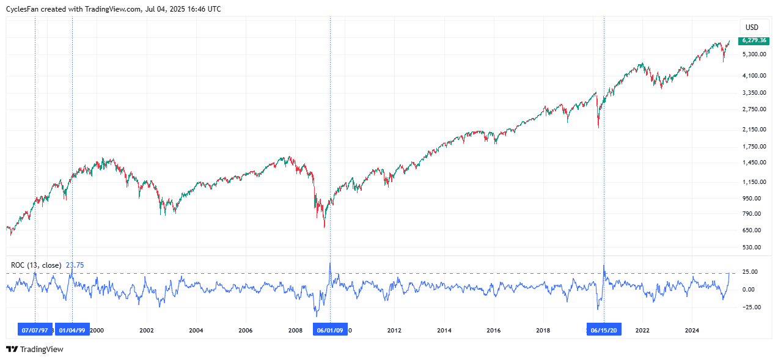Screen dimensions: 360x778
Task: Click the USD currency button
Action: [x=752, y=28]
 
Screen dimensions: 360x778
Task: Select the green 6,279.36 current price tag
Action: [x=754, y=40]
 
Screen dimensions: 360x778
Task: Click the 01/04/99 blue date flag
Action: [x=73, y=330]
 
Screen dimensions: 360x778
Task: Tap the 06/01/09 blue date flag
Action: [x=330, y=330]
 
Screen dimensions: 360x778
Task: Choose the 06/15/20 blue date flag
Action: [x=604, y=330]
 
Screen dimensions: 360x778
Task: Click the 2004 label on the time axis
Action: [x=196, y=331]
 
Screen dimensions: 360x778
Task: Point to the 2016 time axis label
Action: [x=493, y=331]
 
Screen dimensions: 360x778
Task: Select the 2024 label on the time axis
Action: [x=692, y=331]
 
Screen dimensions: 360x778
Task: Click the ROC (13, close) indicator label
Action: [x=36, y=265]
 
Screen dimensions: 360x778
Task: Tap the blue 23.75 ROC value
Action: [x=75, y=265]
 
